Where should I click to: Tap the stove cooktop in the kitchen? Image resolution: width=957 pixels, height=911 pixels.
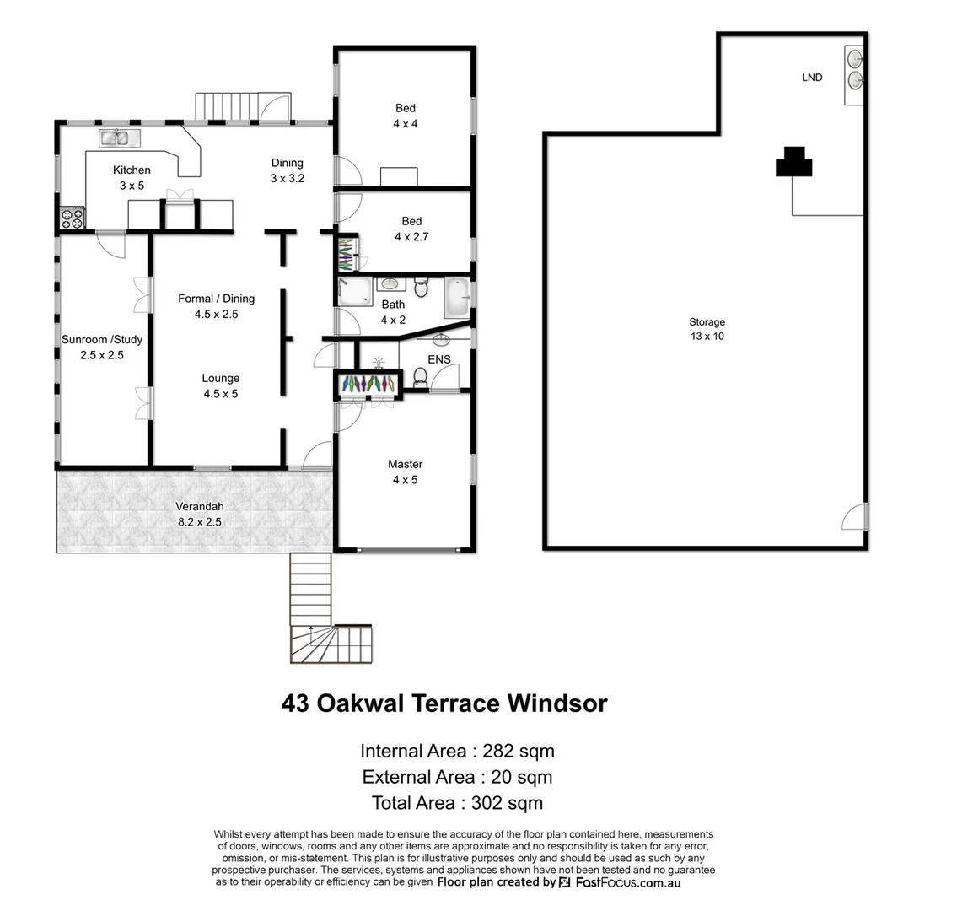pyautogui.click(x=73, y=219)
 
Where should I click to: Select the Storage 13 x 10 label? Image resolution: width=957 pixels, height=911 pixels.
pyautogui.click(x=707, y=329)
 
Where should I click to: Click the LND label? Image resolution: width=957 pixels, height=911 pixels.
pyautogui.click(x=812, y=78)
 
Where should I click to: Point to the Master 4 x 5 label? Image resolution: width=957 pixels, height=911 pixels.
pyautogui.click(x=405, y=472)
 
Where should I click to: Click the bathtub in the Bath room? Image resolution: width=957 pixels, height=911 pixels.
pyautogui.click(x=456, y=298)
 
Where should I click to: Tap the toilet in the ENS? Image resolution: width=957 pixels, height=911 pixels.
pyautogui.click(x=419, y=375)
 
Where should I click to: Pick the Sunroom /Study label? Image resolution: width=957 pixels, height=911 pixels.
pyautogui.click(x=102, y=340)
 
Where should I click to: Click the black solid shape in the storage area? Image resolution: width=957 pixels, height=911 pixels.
pyautogui.click(x=793, y=162)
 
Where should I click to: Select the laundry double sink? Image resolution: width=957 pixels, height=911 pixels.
pyautogui.click(x=854, y=69)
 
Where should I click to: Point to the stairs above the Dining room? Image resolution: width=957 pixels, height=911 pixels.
pyautogui.click(x=224, y=106)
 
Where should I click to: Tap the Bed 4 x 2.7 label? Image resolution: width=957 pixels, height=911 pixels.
pyautogui.click(x=411, y=229)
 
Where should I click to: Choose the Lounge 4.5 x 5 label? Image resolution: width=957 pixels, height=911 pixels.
pyautogui.click(x=220, y=385)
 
